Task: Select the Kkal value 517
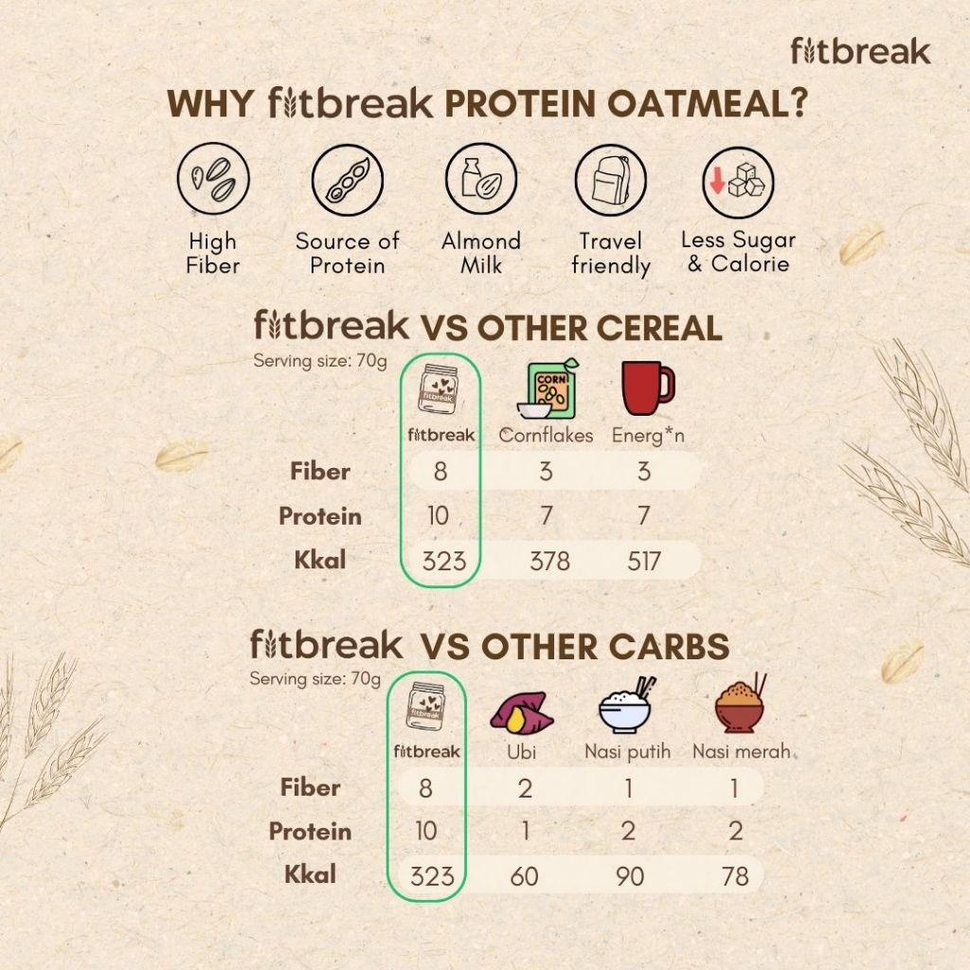[x=644, y=561]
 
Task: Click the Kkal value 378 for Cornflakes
[x=549, y=561]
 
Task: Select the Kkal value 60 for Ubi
[x=524, y=876]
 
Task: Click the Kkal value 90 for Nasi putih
[x=629, y=876]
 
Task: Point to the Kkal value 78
[x=735, y=876]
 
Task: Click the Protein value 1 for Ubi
[x=524, y=832]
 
